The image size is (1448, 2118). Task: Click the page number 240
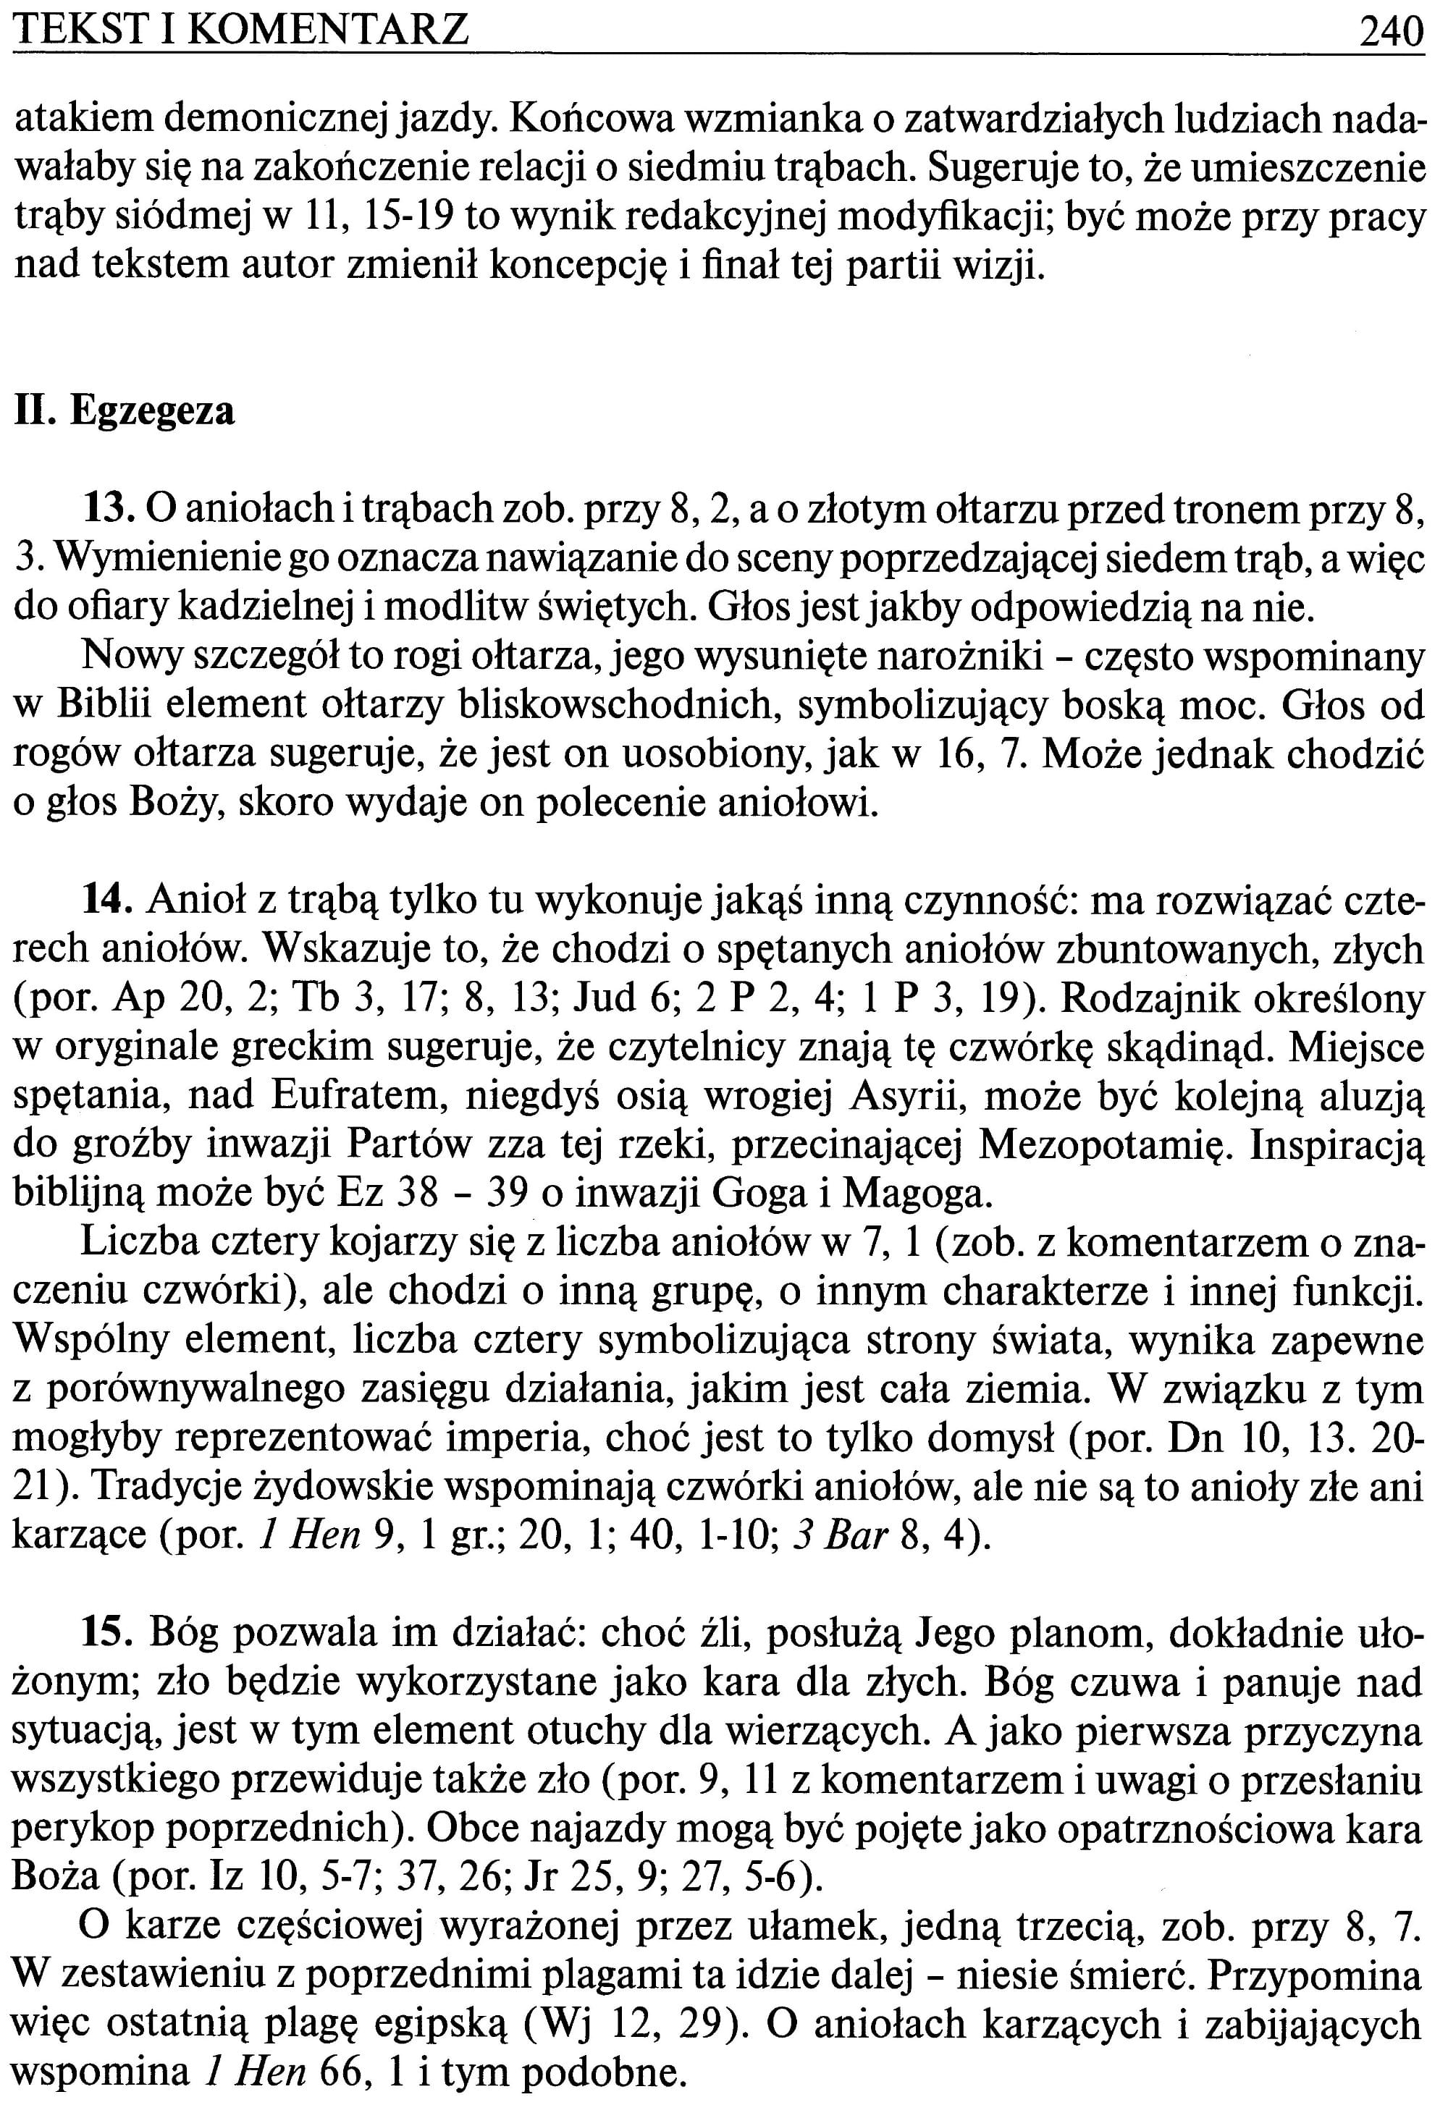[1389, 32]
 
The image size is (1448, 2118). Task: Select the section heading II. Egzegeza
[125, 411]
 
